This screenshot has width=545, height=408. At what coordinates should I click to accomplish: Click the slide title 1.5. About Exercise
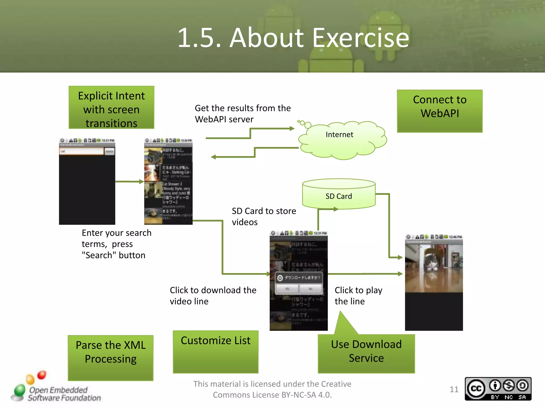[293, 38]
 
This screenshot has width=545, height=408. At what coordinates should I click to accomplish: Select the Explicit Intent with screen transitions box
[111, 108]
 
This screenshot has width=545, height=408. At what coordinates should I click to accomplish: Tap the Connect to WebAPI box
[439, 111]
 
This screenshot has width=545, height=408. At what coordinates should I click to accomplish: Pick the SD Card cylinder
[338, 194]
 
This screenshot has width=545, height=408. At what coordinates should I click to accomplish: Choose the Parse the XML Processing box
[110, 357]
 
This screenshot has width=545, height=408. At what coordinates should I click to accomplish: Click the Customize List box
[216, 351]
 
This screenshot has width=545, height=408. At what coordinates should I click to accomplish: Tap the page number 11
[454, 389]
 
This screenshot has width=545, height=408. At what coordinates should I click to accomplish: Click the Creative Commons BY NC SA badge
[498, 389]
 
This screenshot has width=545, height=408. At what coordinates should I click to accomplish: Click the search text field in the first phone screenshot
[81, 151]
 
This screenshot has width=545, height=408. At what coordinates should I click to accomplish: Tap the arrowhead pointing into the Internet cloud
[292, 129]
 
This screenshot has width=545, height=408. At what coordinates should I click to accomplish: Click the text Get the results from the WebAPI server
[242, 114]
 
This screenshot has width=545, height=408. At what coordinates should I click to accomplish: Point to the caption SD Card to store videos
[263, 216]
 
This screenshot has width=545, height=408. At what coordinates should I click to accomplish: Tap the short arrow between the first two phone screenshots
[130, 182]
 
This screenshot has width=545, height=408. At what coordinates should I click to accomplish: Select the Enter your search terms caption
[116, 244]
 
